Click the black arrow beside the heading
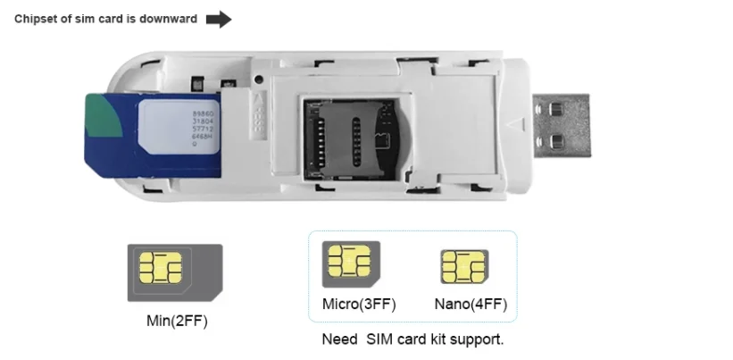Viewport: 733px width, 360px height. (219, 20)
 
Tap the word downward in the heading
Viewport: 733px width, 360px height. (171, 20)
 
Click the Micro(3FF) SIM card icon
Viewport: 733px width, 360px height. (351, 264)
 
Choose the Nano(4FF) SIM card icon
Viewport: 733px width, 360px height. (464, 267)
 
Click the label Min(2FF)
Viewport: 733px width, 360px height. (176, 320)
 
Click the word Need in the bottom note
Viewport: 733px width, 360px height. (337, 340)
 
